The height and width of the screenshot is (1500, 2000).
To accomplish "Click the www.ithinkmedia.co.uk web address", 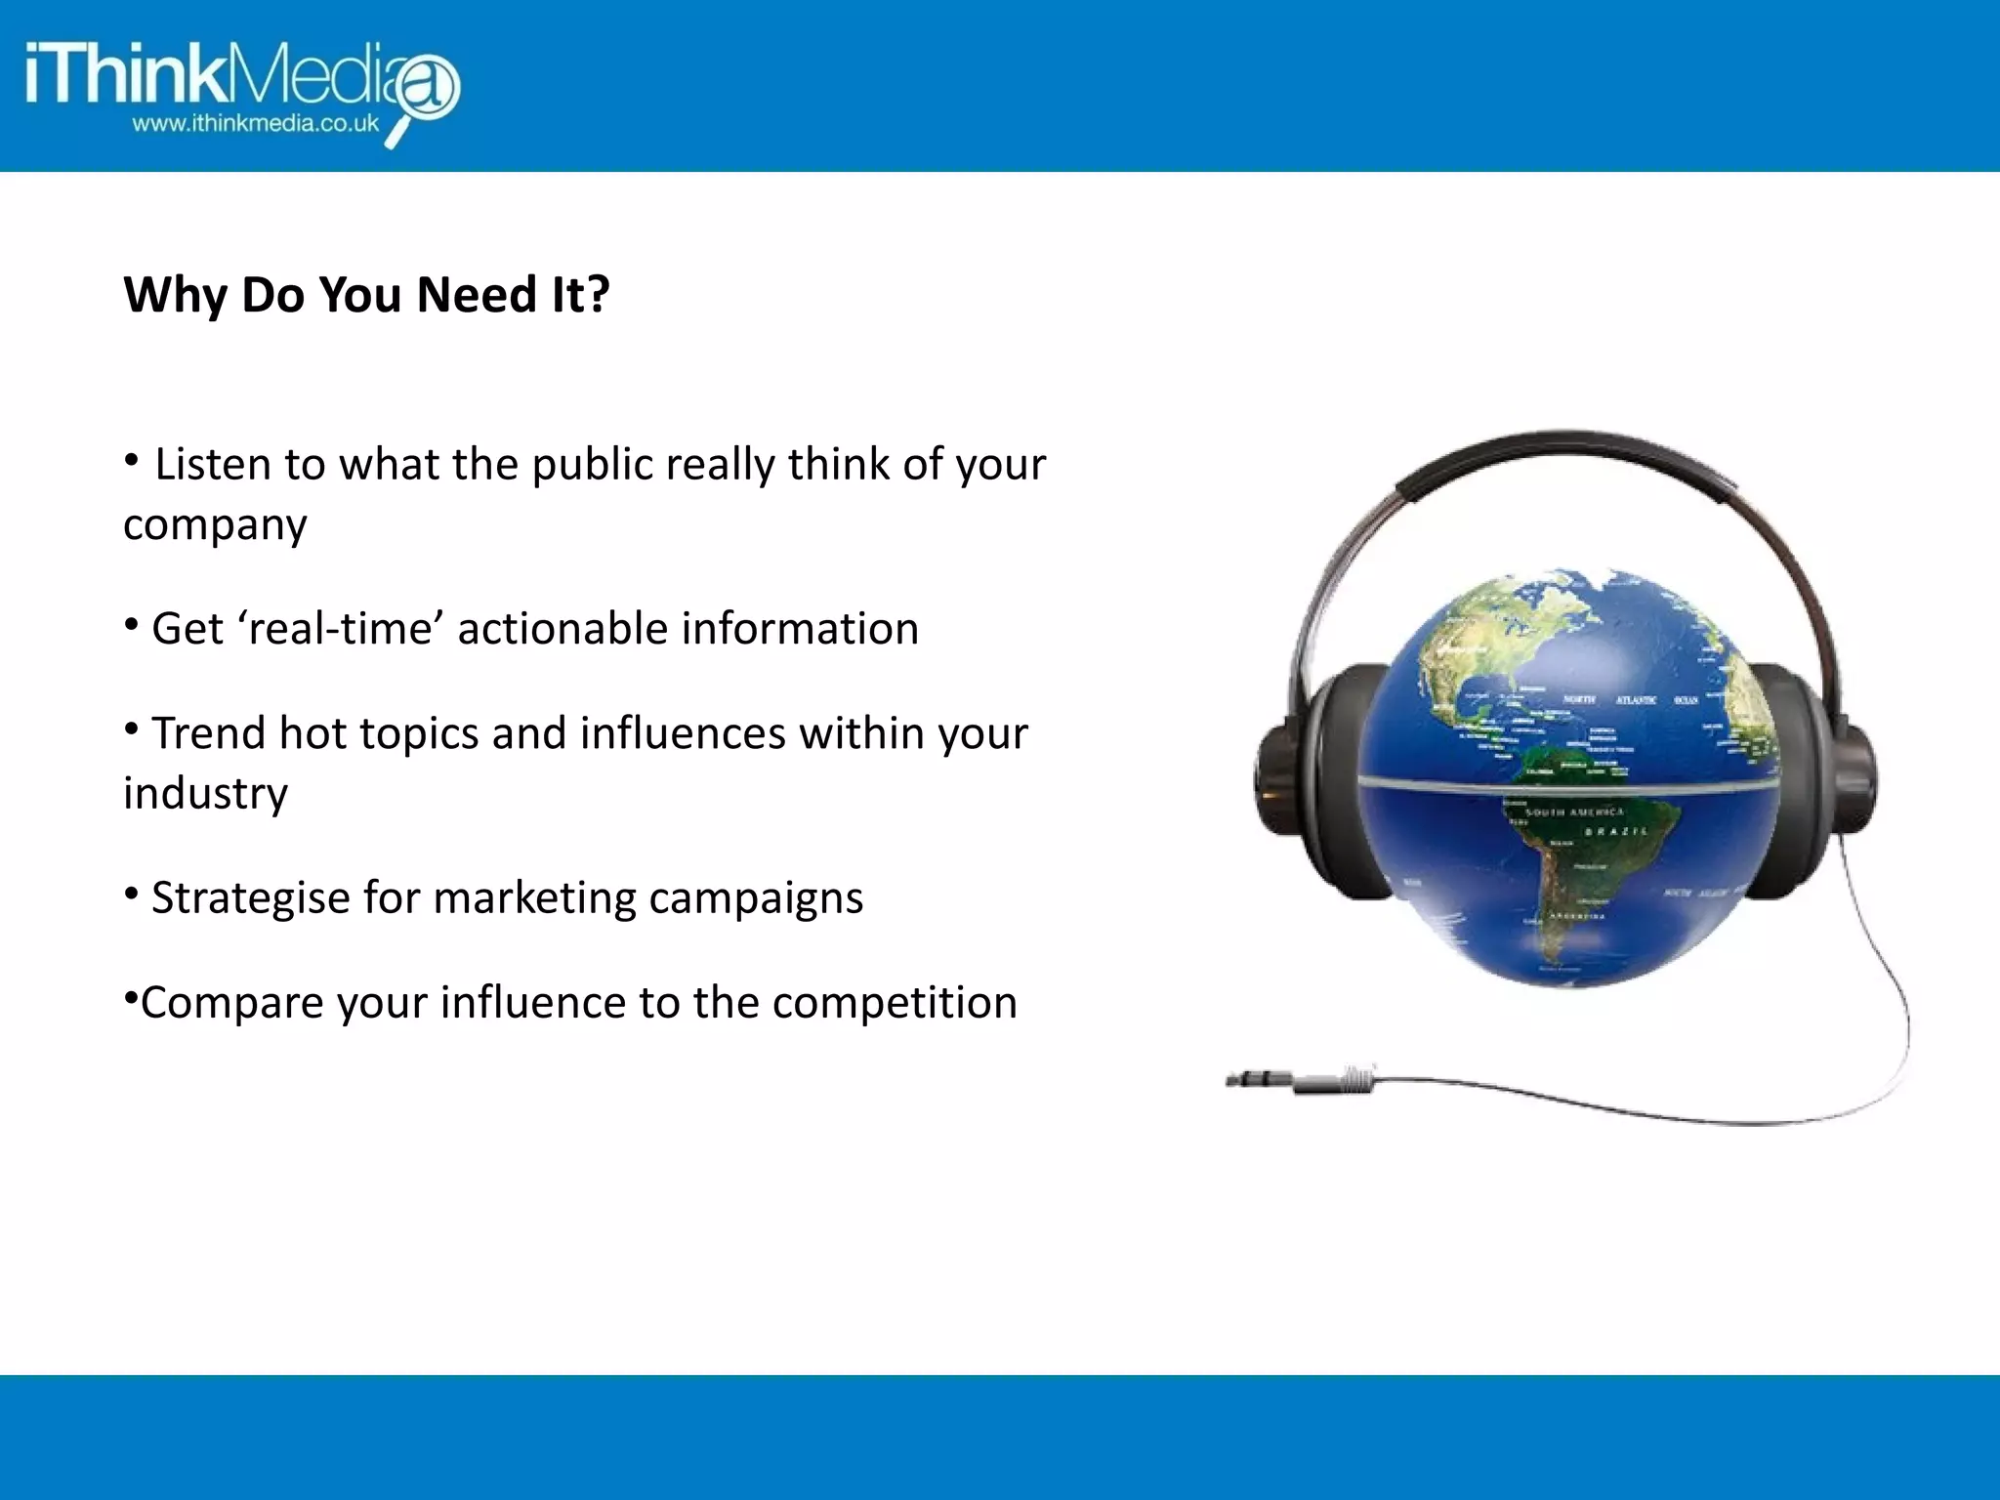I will click(x=256, y=124).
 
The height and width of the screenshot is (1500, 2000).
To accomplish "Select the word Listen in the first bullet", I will click(x=212, y=465).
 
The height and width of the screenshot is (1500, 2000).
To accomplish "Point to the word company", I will click(x=215, y=525).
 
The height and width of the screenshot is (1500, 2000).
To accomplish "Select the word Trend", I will click(x=208, y=733).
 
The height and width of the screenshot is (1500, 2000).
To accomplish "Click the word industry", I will click(x=205, y=794).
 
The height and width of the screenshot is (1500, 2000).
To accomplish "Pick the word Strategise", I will click(x=250, y=898).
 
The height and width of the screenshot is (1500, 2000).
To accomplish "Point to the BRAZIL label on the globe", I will click(x=1616, y=831).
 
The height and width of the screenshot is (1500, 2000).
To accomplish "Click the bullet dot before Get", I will click(x=131, y=623).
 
